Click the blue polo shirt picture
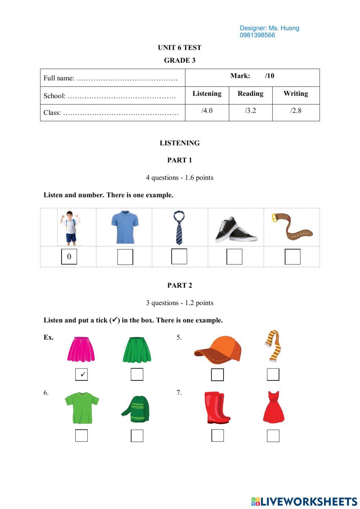point(125,227)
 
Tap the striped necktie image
point(179,228)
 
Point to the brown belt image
point(292,227)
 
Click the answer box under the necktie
point(179,256)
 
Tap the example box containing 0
point(69,256)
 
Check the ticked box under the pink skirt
point(81,375)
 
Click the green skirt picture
point(137,349)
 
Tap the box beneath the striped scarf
point(273,375)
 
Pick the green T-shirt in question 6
point(82,408)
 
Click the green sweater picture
point(136,409)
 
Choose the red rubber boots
point(217,408)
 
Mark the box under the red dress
point(273,436)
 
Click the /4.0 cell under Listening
point(207,111)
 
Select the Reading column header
point(251,94)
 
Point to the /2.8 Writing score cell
point(296,111)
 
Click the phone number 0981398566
point(257,35)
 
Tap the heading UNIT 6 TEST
point(180,48)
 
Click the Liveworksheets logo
point(304,501)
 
